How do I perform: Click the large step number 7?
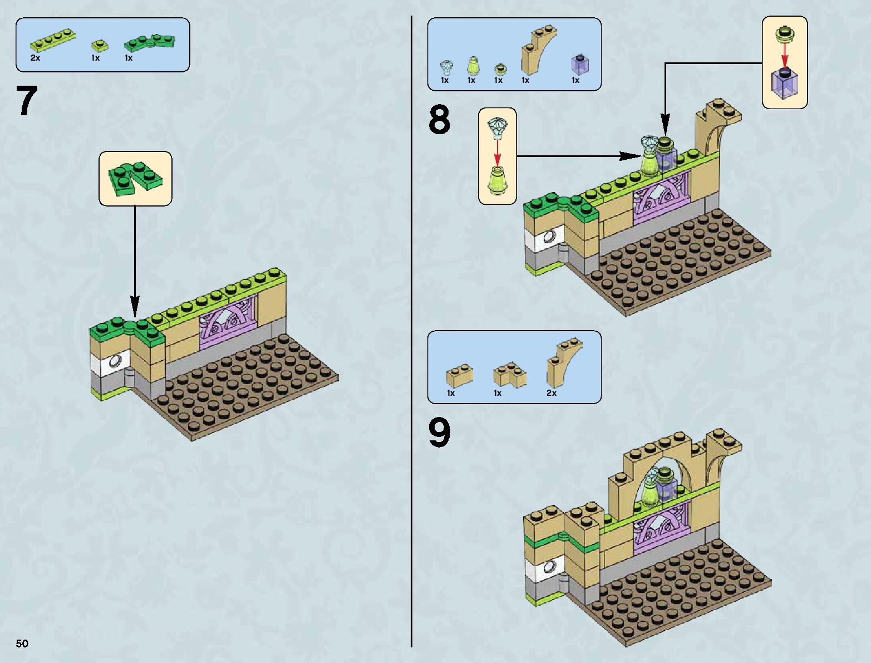click(x=26, y=101)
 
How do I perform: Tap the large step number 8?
click(x=439, y=121)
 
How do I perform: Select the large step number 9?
click(x=439, y=433)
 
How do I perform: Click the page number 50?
click(x=22, y=644)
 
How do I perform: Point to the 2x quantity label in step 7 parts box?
click(x=36, y=58)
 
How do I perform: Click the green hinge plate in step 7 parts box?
click(x=149, y=42)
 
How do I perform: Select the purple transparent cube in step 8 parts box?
click(x=580, y=64)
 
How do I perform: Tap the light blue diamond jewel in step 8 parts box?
click(x=446, y=67)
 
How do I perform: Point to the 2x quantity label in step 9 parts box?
click(x=551, y=393)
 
